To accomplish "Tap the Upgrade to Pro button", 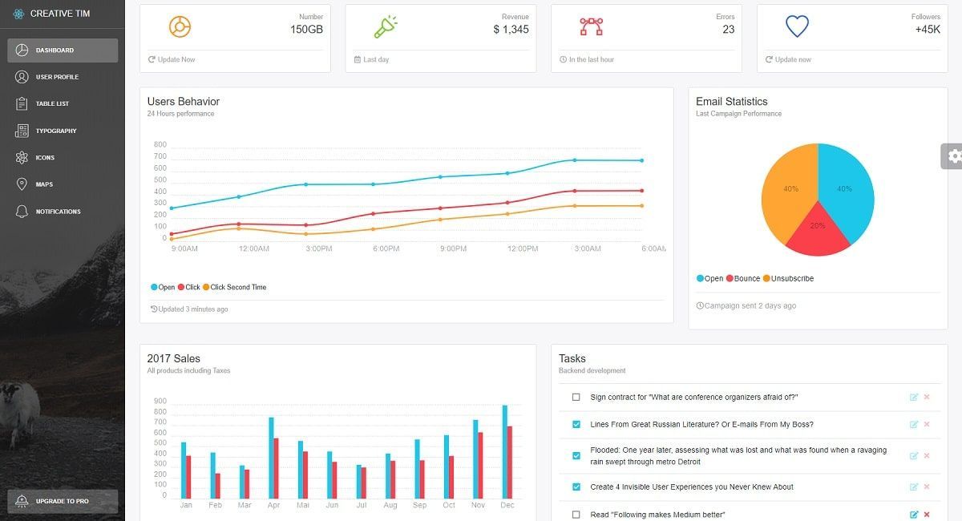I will click(63, 501).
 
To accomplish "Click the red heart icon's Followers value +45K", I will click(927, 30).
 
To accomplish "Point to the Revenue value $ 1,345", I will click(511, 30).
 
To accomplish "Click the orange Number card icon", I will click(180, 26).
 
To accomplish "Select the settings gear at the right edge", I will click(953, 156).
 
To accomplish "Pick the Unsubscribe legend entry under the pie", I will click(791, 279).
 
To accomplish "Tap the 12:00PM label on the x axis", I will click(523, 249).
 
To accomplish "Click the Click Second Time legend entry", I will click(237, 287).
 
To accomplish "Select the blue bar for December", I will click(504, 449).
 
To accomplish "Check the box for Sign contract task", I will click(576, 398).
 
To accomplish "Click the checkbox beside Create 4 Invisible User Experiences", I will click(576, 487).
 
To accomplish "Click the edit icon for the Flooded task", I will click(913, 456).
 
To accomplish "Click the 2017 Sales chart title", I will click(174, 358).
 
